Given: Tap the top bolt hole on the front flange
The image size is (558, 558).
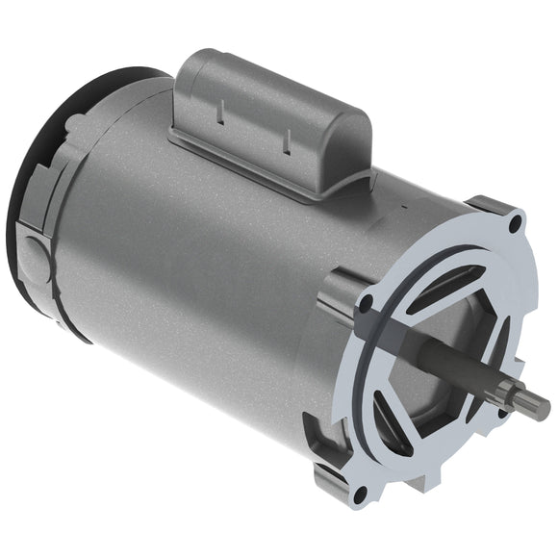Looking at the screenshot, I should tap(518, 223).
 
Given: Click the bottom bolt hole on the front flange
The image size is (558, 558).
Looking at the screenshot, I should tap(360, 495).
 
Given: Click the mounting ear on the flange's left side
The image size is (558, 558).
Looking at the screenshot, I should tap(342, 298).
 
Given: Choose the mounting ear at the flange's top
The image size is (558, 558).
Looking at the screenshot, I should tap(500, 212).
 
